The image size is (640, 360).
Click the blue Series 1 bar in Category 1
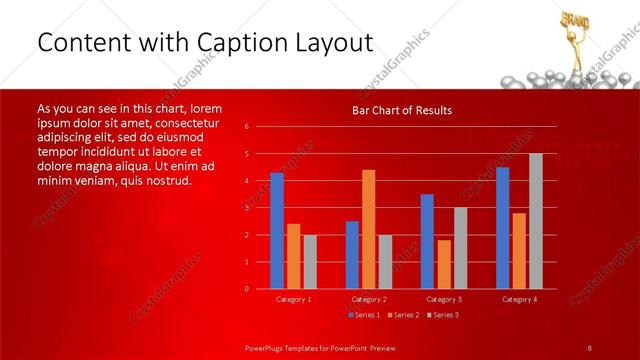coord(277,231)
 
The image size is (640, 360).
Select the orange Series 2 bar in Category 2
coord(369,229)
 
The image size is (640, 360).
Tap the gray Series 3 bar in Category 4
coord(535,221)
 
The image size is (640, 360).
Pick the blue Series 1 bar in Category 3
coord(427,241)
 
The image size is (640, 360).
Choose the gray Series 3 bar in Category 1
coord(310,262)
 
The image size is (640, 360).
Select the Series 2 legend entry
coord(401,316)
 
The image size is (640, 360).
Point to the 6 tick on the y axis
coord(247,127)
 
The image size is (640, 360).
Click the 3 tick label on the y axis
coord(247,208)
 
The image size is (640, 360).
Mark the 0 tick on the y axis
coord(247,289)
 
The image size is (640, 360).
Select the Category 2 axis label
coord(369,299)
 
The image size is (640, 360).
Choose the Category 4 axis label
coord(518,299)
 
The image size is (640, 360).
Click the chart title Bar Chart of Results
coord(402,110)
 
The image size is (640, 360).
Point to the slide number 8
coord(590,347)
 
